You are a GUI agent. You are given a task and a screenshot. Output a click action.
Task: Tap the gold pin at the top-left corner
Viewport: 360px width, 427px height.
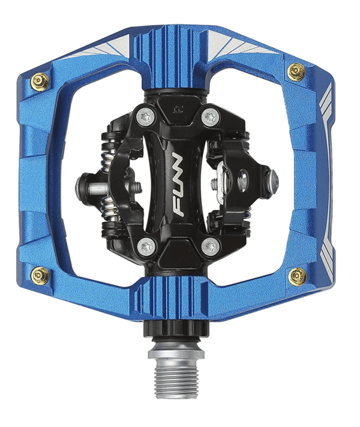tap(41, 80)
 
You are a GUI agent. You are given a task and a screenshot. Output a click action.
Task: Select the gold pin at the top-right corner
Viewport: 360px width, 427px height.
tap(296, 71)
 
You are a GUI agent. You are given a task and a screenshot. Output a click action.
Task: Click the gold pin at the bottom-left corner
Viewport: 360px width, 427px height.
tap(41, 275)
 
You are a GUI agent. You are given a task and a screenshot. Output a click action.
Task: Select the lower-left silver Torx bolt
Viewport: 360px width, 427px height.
tap(146, 246)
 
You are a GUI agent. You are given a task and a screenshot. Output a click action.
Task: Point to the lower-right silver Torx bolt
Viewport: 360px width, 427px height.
tap(211, 246)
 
